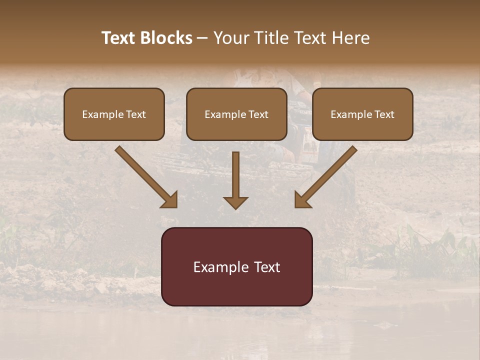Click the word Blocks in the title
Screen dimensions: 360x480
point(165,38)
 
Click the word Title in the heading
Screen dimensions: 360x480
point(270,38)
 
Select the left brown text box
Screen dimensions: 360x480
point(114,114)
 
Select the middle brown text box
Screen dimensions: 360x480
point(236,114)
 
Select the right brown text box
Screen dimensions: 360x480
point(362,114)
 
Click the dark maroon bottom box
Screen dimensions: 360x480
point(236,267)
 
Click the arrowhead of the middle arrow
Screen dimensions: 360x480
point(235,202)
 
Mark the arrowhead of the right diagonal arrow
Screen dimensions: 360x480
point(302,200)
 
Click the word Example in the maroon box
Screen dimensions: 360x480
point(218,267)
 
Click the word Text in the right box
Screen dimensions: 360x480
point(383,114)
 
